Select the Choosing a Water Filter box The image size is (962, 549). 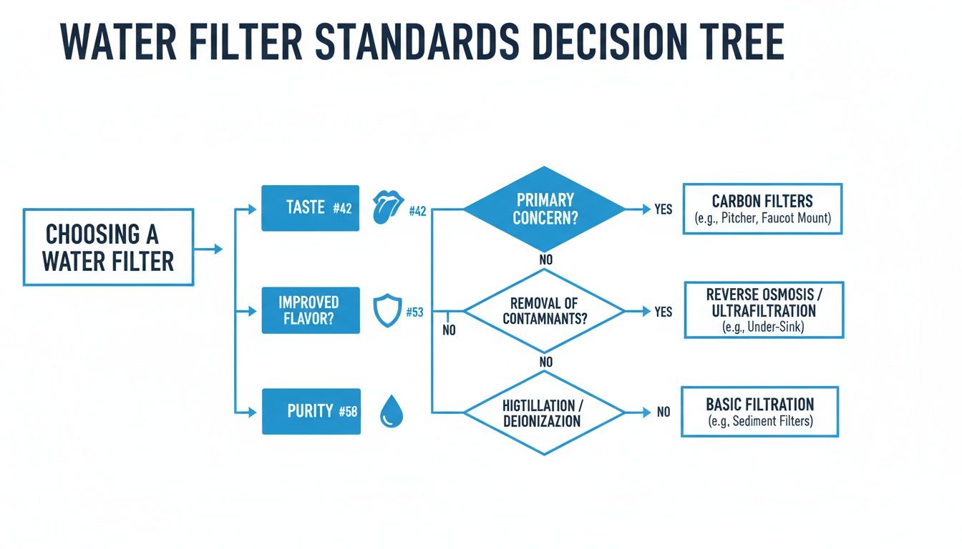click(x=108, y=247)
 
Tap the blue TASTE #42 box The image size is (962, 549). click(x=310, y=208)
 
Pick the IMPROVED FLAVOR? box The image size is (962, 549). click(x=310, y=311)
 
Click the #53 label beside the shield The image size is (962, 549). click(x=414, y=312)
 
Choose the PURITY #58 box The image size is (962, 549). click(x=311, y=411)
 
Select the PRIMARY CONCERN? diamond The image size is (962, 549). click(x=544, y=209)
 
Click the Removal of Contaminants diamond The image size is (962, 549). click(x=544, y=312)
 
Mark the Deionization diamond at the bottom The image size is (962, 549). click(x=544, y=412)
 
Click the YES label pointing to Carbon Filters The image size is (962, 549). click(x=663, y=210)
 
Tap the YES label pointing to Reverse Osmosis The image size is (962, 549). click(x=663, y=312)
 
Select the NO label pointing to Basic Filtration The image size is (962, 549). click(x=664, y=412)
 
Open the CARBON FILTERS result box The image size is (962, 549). click(x=762, y=209)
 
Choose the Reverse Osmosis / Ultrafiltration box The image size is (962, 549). click(x=763, y=310)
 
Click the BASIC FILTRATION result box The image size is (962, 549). click(x=759, y=412)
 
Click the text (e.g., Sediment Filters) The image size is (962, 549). click(x=759, y=422)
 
